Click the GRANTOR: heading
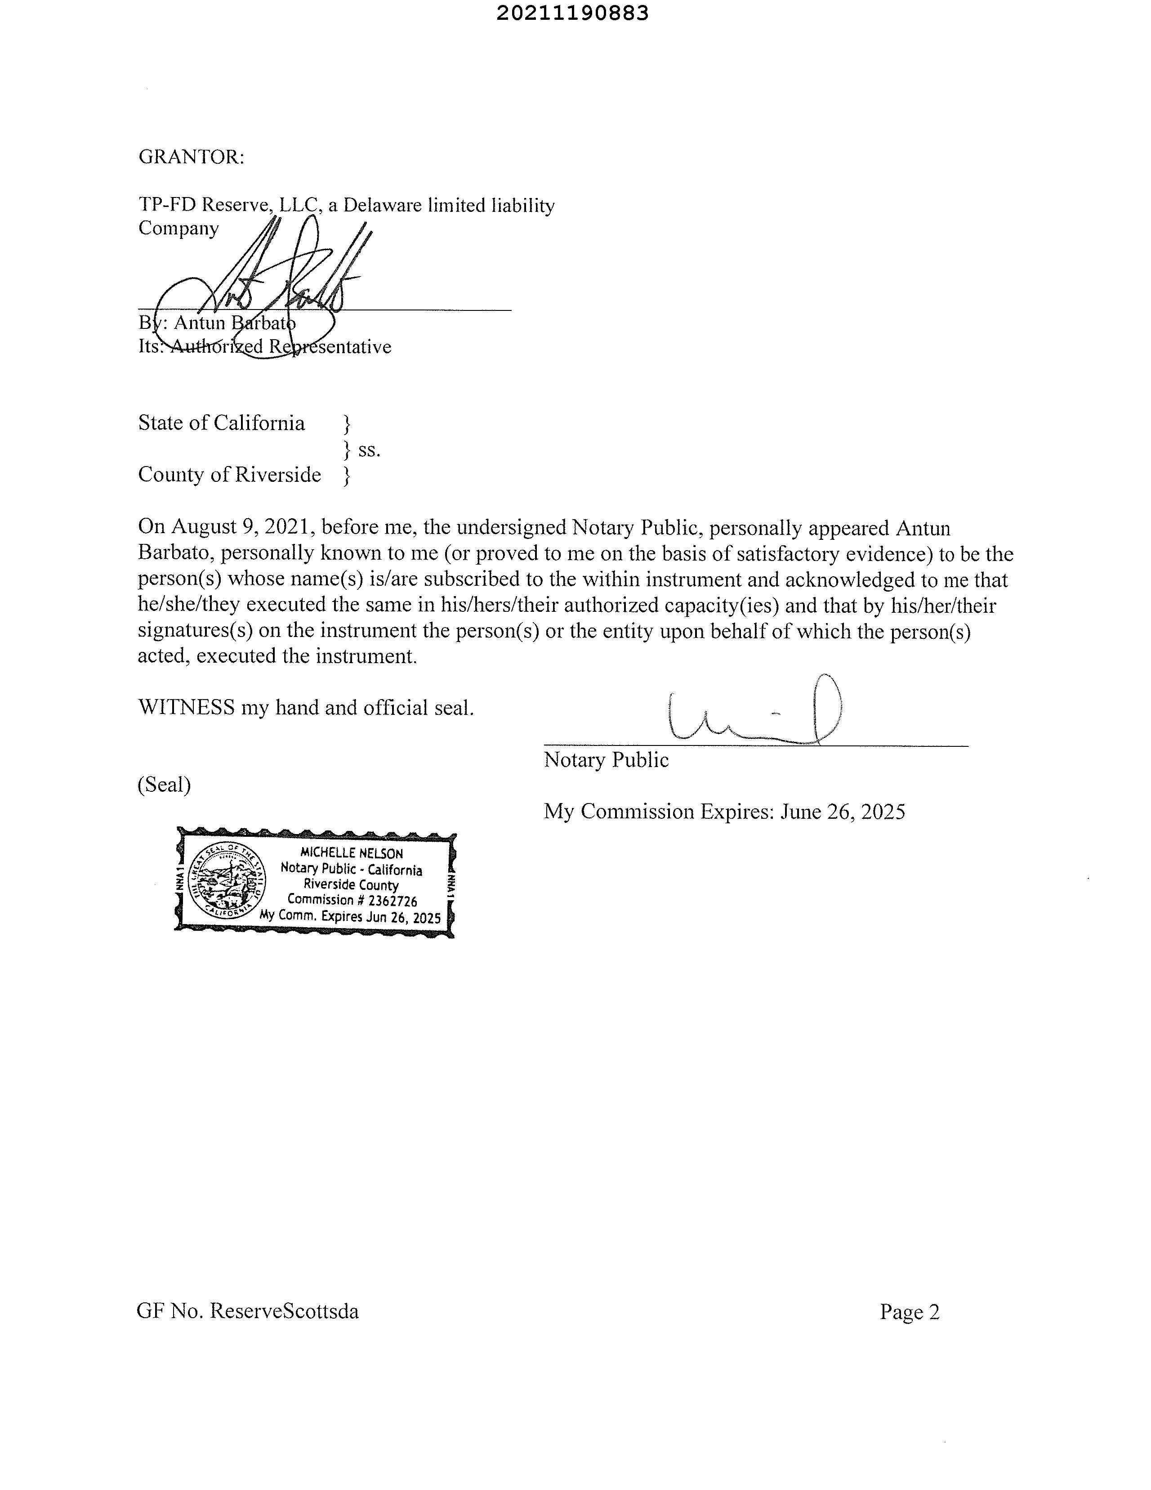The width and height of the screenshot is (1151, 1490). click(x=191, y=157)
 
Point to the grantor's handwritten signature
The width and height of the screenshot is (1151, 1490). click(x=286, y=280)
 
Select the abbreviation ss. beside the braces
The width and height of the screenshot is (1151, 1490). click(x=369, y=449)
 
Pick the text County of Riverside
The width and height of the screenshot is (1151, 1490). click(x=229, y=474)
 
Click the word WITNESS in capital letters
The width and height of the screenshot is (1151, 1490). click(x=186, y=708)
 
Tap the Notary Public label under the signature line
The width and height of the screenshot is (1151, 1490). click(x=606, y=760)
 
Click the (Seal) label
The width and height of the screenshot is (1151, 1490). click(x=164, y=785)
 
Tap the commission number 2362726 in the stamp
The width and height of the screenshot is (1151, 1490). click(x=392, y=901)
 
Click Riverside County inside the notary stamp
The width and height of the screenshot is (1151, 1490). click(x=351, y=885)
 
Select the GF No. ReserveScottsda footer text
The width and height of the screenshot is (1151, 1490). click(x=248, y=1311)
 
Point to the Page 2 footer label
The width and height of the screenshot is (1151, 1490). click(x=909, y=1312)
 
